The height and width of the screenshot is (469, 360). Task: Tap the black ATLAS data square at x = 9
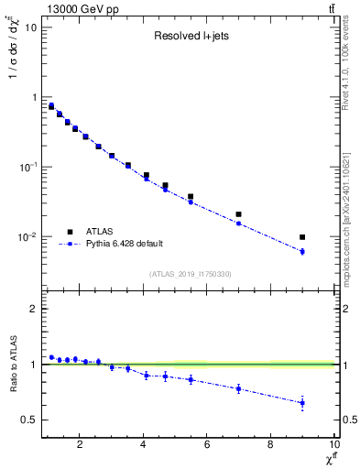tap(302, 237)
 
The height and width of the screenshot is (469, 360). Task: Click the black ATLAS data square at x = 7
tap(238, 214)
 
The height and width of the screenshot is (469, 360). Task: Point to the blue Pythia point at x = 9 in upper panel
tap(302, 251)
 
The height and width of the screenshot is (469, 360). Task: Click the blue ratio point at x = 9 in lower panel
tap(302, 403)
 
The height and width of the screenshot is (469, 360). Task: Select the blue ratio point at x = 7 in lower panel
tap(238, 388)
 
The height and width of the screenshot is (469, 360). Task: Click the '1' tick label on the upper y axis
tap(34, 97)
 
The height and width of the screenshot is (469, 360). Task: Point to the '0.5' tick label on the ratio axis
tap(29, 420)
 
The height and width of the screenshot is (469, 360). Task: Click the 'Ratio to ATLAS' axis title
tap(13, 365)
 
